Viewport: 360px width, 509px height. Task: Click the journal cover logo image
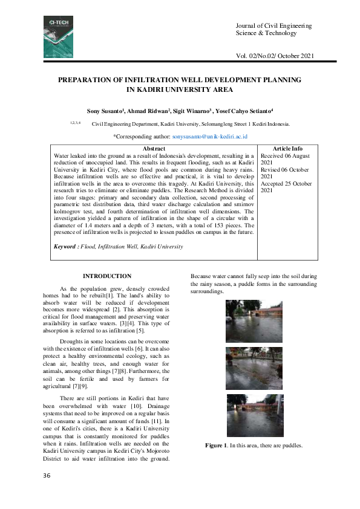57,37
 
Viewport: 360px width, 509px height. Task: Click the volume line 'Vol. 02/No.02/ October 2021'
276,56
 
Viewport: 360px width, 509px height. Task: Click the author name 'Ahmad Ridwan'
149,112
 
